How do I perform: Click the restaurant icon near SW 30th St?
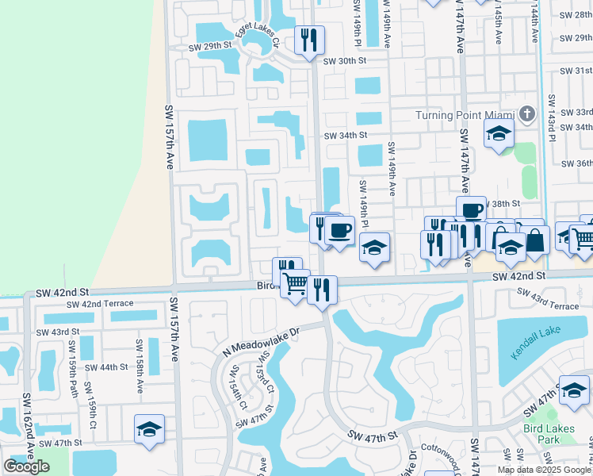309,40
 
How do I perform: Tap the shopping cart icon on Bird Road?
296,282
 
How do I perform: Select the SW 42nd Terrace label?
94,305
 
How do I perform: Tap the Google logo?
26,466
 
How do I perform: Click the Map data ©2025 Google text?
545,470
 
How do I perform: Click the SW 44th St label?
107,367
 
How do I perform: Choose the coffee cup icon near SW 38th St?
471,210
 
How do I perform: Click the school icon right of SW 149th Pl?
374,248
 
